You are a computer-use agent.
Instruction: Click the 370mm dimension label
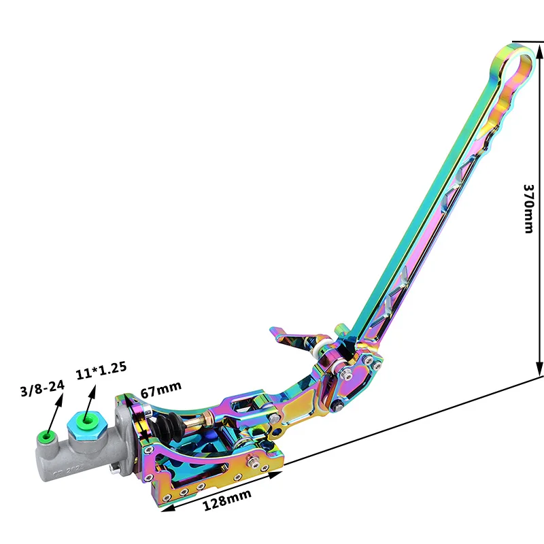coord(528,209)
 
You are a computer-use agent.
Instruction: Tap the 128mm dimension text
coord(226,500)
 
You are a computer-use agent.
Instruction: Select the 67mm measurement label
coord(160,389)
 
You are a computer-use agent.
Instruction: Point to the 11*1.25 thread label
coord(101,370)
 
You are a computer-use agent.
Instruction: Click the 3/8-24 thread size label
coord(42,388)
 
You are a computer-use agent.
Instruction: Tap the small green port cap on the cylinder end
coord(46,436)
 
